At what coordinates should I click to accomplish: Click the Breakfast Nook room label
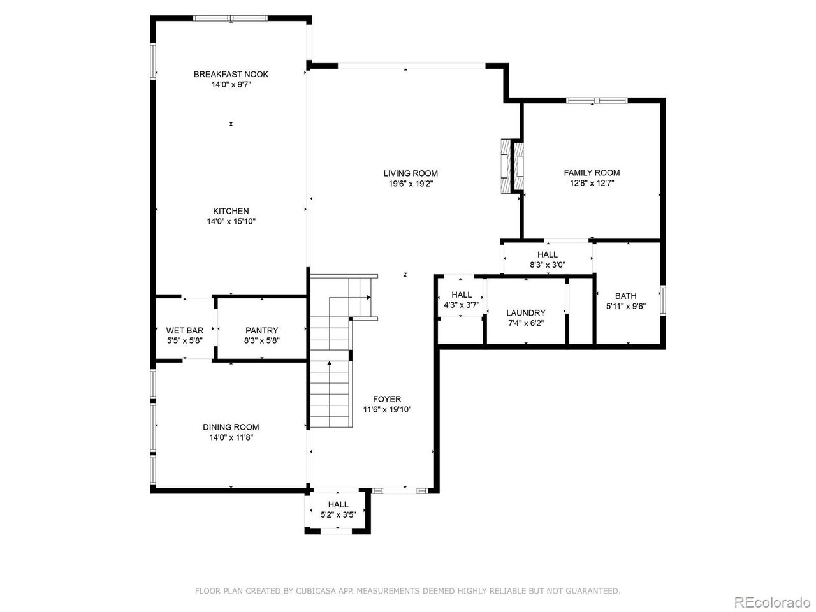pyautogui.click(x=231, y=74)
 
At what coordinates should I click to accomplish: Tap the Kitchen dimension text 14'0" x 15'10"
pyautogui.click(x=231, y=221)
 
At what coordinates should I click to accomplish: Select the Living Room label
pyautogui.click(x=411, y=173)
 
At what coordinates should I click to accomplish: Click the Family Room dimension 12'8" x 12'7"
pyautogui.click(x=592, y=183)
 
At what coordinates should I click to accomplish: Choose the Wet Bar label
pyautogui.click(x=185, y=330)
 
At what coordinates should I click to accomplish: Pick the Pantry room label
pyautogui.click(x=262, y=330)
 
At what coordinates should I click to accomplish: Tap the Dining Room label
pyautogui.click(x=231, y=427)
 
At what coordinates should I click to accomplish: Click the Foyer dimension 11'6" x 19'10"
pyautogui.click(x=388, y=410)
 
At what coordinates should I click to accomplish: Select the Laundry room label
pyautogui.click(x=526, y=312)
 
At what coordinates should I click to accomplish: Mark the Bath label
pyautogui.click(x=625, y=296)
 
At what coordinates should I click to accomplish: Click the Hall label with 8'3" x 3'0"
pyautogui.click(x=547, y=254)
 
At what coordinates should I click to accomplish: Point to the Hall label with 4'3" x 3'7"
pyautogui.click(x=462, y=295)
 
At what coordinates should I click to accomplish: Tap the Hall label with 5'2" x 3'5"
pyautogui.click(x=338, y=504)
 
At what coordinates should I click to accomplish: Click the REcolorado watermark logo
pyautogui.click(x=771, y=601)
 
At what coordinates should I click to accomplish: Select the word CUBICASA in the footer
pyautogui.click(x=319, y=591)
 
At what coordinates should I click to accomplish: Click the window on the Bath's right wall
pyautogui.click(x=663, y=300)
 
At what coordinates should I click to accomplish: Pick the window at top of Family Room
pyautogui.click(x=597, y=100)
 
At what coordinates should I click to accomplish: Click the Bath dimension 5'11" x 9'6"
pyautogui.click(x=625, y=306)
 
